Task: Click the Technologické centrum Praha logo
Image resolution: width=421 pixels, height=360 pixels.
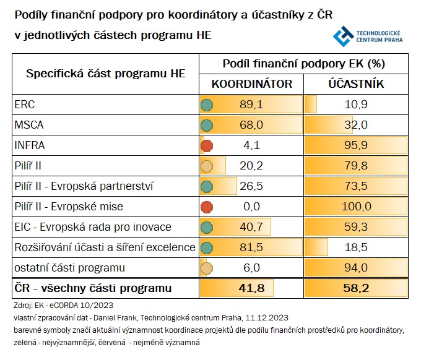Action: tap(368, 36)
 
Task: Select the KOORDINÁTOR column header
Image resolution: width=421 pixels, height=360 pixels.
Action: tap(251, 84)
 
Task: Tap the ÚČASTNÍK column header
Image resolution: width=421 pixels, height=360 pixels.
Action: tap(355, 84)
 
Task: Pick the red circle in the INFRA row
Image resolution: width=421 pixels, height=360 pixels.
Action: tap(207, 146)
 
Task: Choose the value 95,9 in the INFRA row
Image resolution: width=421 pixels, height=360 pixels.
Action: tap(355, 146)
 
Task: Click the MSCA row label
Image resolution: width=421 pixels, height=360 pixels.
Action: tap(29, 126)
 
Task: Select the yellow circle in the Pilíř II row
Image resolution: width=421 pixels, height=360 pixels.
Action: tap(207, 166)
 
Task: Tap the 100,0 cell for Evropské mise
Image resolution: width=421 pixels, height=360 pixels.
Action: tap(355, 207)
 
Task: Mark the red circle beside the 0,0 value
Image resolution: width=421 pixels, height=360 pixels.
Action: tap(207, 207)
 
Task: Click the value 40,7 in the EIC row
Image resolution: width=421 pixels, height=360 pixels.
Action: tap(251, 227)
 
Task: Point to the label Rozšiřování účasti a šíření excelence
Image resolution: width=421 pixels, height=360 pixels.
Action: tap(105, 247)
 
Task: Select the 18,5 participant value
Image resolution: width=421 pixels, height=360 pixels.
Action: tap(355, 247)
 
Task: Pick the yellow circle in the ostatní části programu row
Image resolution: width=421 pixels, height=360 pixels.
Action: tap(207, 268)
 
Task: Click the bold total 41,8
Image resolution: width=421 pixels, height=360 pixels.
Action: tap(251, 288)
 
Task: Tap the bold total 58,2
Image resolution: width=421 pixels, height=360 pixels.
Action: tap(355, 288)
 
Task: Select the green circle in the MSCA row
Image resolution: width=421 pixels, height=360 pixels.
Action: tap(207, 126)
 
